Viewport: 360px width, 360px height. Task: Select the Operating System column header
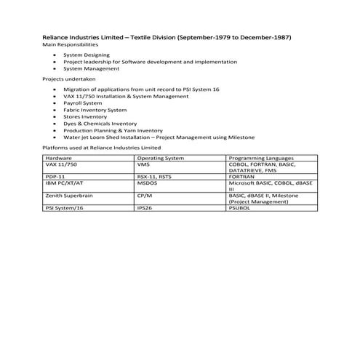(x=159, y=157)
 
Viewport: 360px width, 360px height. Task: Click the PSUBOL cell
(x=241, y=208)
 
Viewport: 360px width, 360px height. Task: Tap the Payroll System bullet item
(x=84, y=103)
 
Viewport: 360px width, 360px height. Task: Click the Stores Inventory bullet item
(x=85, y=116)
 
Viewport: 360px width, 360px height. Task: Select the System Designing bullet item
(x=87, y=55)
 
